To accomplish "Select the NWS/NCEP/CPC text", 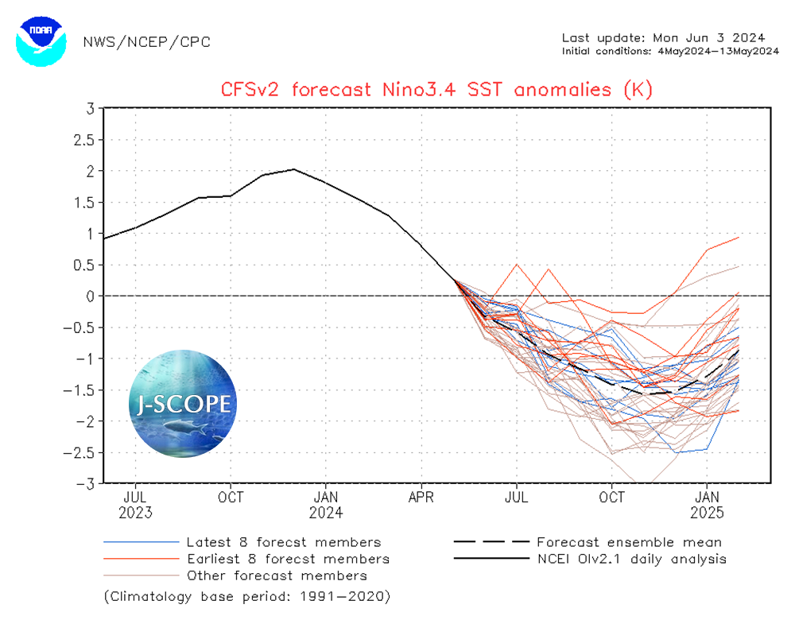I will [x=147, y=42].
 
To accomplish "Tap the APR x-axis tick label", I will [x=421, y=498].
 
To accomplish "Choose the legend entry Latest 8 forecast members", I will [x=283, y=543].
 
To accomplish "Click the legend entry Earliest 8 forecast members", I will [x=287, y=560].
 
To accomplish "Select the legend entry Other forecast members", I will [x=276, y=575].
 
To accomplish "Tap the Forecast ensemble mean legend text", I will [x=629, y=543].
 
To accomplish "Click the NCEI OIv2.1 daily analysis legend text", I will [x=631, y=560].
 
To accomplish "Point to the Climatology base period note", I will [x=247, y=595].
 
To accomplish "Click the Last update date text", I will [x=663, y=37].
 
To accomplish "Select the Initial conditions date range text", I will [x=669, y=51].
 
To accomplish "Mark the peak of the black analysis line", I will [x=294, y=169].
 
